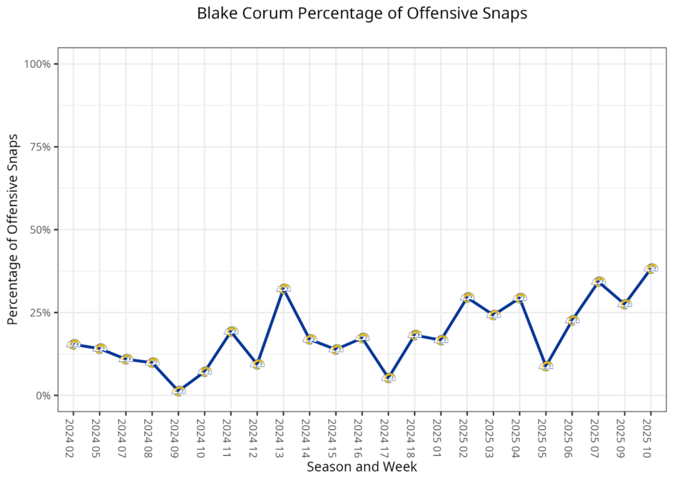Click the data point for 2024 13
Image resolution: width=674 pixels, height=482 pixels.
pyautogui.click(x=284, y=289)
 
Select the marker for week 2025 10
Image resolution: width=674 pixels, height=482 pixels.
pyautogui.click(x=651, y=269)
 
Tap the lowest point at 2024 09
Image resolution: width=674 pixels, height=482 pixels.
pyautogui.click(x=178, y=390)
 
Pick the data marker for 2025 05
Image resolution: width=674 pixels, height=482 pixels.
pyautogui.click(x=546, y=366)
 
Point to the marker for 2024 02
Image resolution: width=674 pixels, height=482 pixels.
pyautogui.click(x=74, y=344)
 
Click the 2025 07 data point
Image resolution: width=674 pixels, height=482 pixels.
pyautogui.click(x=598, y=282)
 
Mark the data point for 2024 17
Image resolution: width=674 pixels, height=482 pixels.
pyautogui.click(x=388, y=378)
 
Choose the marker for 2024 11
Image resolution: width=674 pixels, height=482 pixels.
pyautogui.click(x=231, y=331)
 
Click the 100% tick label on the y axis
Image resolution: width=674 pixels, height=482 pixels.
pyautogui.click(x=38, y=64)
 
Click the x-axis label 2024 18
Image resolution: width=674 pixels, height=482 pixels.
pyautogui.click(x=414, y=433)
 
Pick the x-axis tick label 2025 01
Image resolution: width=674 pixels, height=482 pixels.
pyautogui.click(x=440, y=433)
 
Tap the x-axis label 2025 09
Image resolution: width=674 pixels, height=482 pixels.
pyautogui.click(x=624, y=433)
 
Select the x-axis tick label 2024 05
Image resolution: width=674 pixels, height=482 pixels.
pyautogui.click(x=99, y=433)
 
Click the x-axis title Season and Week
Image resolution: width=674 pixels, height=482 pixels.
pyautogui.click(x=361, y=467)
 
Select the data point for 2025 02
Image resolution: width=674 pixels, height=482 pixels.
pyautogui.click(x=467, y=298)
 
